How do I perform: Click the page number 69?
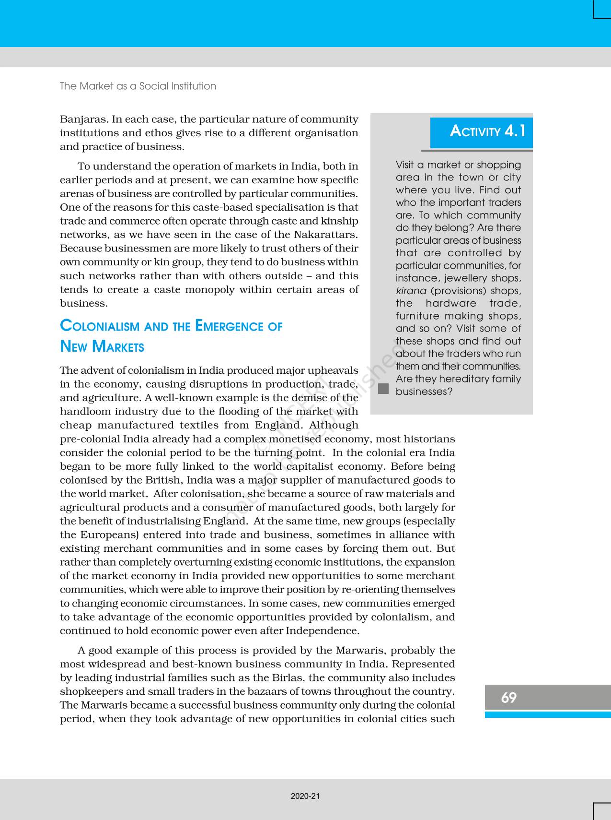[x=508, y=697]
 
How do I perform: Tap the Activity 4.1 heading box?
[x=481, y=132]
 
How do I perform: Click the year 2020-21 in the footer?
[x=305, y=796]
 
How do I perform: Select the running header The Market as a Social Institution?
[x=138, y=86]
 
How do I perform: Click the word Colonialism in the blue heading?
[x=100, y=326]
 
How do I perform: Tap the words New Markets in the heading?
[x=102, y=346]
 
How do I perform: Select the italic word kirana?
[x=411, y=291]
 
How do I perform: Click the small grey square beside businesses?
[x=383, y=389]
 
